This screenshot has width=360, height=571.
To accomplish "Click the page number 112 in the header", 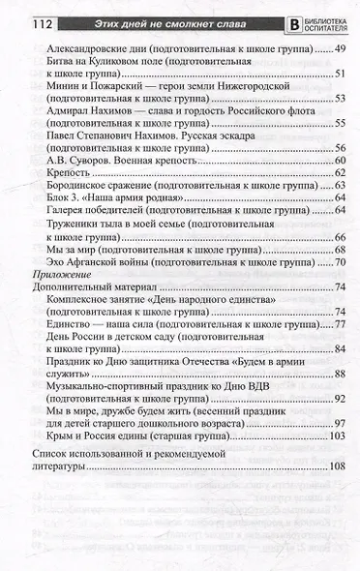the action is coord(21,11).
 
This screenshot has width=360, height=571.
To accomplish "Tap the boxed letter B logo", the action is coord(285,13).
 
